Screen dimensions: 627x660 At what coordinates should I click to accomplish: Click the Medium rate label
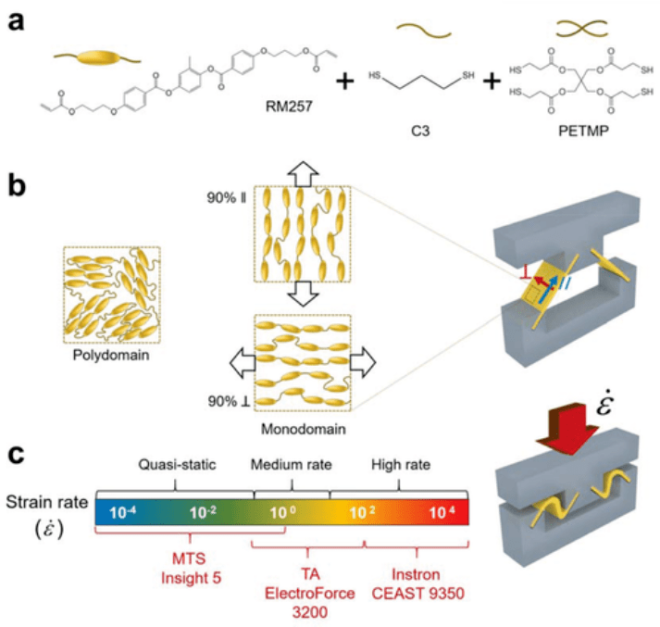289,465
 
